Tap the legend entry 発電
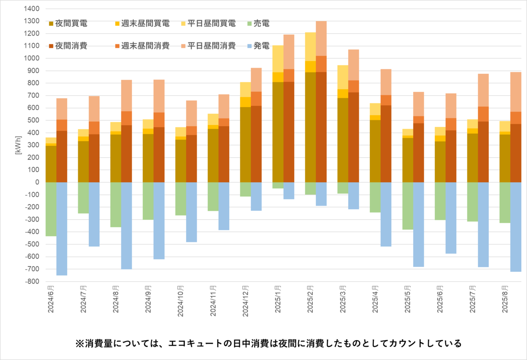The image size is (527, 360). click(262, 46)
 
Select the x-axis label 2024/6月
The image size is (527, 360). click(51, 299)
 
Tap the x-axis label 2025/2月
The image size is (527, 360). click(310, 299)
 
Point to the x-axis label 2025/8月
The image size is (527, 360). click(505, 299)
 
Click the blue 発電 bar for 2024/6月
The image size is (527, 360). click(62, 228)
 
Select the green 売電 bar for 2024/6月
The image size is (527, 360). click(51, 209)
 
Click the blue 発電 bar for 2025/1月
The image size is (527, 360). click(289, 191)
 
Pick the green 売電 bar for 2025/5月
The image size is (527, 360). click(408, 205)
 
